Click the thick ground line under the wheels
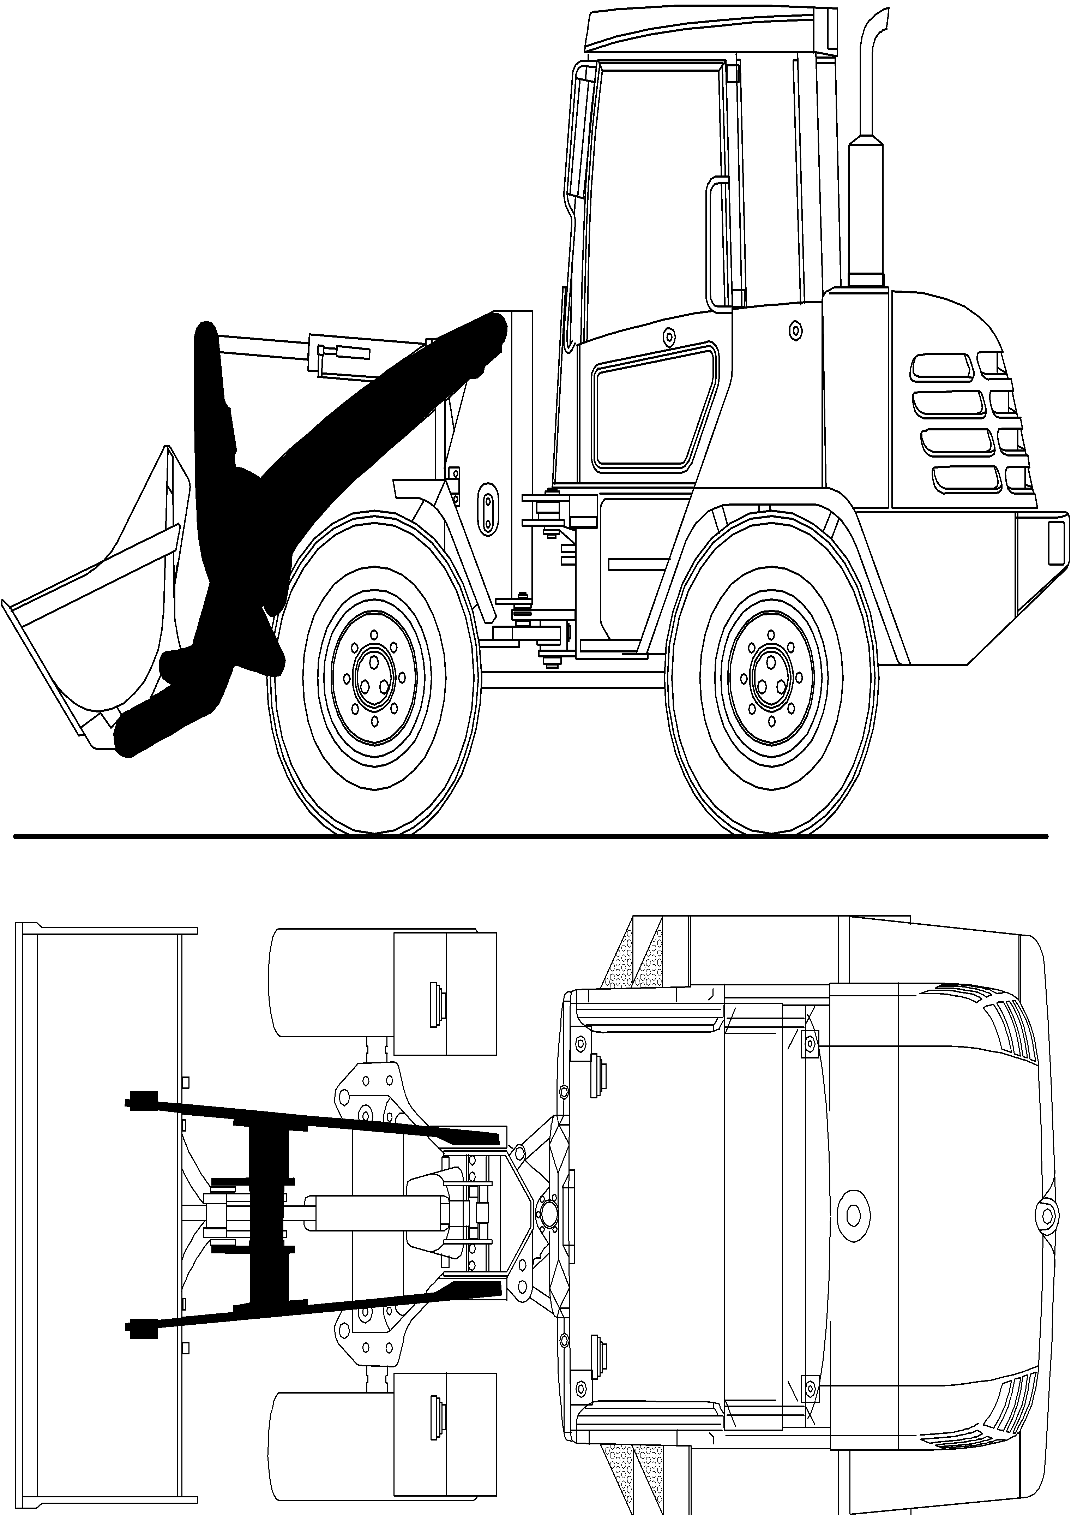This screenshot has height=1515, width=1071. (528, 837)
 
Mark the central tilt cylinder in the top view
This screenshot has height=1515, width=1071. (369, 1213)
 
